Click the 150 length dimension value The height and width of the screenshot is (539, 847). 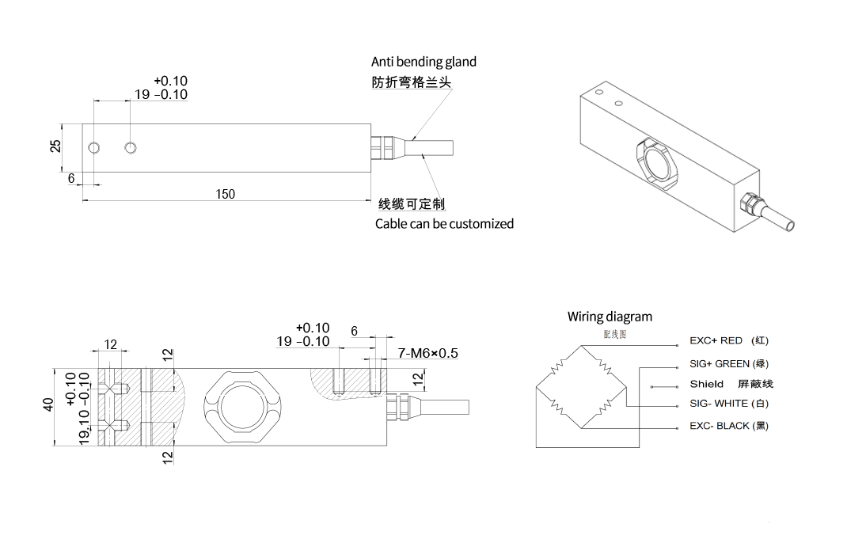pyautogui.click(x=226, y=194)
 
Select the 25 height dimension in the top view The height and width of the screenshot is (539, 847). pyautogui.click(x=55, y=146)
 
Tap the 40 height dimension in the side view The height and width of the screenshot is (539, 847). pyautogui.click(x=48, y=405)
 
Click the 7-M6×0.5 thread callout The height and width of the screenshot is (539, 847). pyautogui.click(x=427, y=353)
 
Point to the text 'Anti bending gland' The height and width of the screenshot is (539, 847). pyautogui.click(x=424, y=62)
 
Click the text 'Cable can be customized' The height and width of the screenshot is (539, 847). pyautogui.click(x=444, y=224)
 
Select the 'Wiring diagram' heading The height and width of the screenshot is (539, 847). pyautogui.click(x=610, y=317)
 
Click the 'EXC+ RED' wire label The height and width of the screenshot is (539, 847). pyautogui.click(x=716, y=341)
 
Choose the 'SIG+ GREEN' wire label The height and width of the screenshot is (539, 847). pyautogui.click(x=720, y=364)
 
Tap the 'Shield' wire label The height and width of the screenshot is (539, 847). pyautogui.click(x=706, y=384)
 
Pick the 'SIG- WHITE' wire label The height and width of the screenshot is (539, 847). pyautogui.click(x=719, y=404)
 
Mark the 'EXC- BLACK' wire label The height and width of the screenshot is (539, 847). pyautogui.click(x=719, y=426)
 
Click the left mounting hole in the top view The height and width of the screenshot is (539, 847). pyautogui.click(x=94, y=148)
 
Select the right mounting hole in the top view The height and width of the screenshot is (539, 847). pyautogui.click(x=131, y=148)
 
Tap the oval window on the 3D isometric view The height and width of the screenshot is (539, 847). pyautogui.click(x=656, y=161)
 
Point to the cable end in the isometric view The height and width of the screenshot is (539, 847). pyautogui.click(x=788, y=226)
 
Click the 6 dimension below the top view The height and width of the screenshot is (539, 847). pyautogui.click(x=71, y=179)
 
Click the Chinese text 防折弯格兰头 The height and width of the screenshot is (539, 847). pyautogui.click(x=412, y=82)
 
